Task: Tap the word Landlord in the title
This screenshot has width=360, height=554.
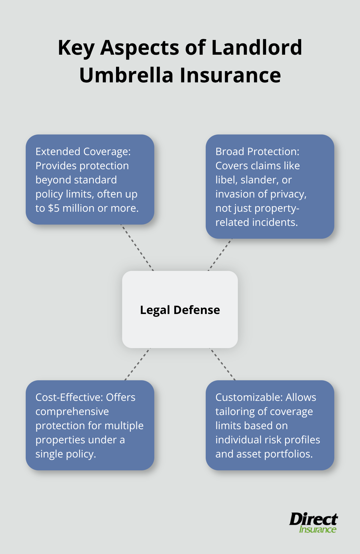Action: coord(256,48)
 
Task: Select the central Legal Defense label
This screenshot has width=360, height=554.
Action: coord(180,310)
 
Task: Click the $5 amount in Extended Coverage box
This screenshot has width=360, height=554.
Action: coord(54,208)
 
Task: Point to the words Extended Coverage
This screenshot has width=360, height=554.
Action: coord(83,152)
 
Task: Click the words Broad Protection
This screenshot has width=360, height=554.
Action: coord(257,152)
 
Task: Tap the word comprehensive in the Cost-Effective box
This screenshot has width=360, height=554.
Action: coord(72,411)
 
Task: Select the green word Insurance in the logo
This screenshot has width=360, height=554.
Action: coord(318,529)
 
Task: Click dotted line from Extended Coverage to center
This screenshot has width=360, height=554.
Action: coord(137,248)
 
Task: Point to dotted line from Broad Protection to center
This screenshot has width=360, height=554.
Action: coord(220,254)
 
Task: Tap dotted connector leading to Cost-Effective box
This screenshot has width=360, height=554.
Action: coord(137,364)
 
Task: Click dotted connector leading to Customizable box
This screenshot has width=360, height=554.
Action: coord(223,364)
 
